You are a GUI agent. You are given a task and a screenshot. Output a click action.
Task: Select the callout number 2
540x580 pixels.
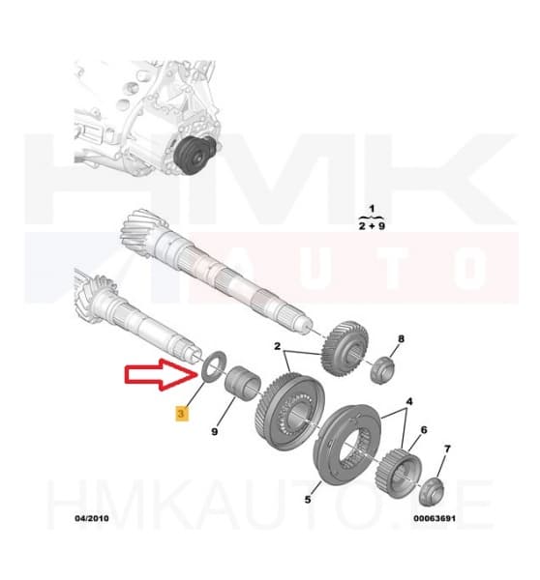click(277, 346)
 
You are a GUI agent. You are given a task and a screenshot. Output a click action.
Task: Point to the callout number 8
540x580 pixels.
click(402, 339)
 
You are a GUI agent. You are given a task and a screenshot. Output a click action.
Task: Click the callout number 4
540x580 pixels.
click(409, 400)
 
